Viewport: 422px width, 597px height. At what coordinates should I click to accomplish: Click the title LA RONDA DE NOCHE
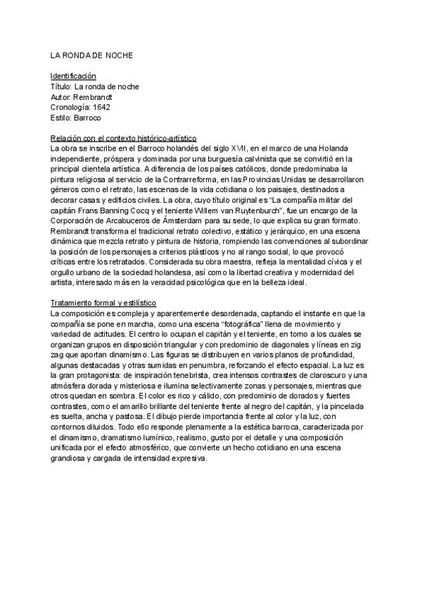pyautogui.click(x=91, y=55)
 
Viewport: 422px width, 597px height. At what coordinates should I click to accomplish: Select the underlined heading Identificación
pyautogui.click(x=73, y=76)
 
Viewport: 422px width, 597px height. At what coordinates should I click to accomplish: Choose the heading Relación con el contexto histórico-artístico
pyautogui.click(x=123, y=138)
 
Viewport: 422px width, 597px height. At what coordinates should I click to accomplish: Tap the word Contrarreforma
pyautogui.click(x=200, y=180)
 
